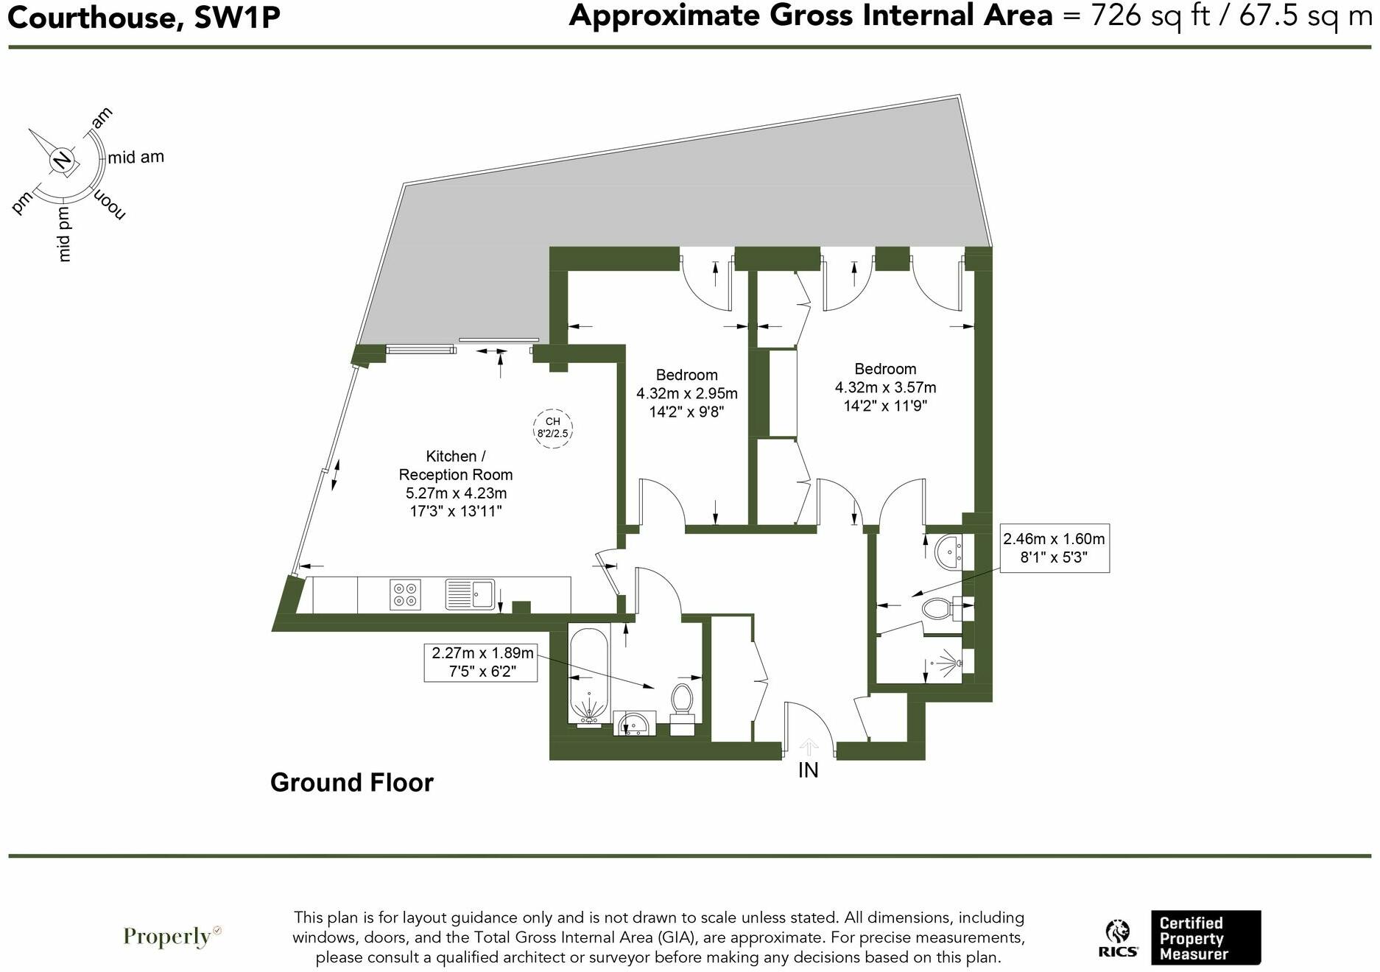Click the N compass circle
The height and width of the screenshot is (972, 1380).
coord(63,159)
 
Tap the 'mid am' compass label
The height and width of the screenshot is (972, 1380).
coord(135,157)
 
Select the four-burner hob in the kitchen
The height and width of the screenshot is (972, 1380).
coord(404,595)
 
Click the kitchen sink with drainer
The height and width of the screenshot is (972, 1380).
coord(471,594)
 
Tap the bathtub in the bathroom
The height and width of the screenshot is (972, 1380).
coord(589,675)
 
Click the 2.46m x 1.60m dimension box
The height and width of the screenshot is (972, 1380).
coord(1053,549)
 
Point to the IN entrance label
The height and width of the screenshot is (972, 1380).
coord(808,770)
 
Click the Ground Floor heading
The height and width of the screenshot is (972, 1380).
coord(352,782)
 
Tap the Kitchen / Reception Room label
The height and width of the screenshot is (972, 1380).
coord(455,465)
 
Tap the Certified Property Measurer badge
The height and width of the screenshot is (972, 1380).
coord(1205,937)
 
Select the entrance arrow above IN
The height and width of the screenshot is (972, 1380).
coord(809,747)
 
